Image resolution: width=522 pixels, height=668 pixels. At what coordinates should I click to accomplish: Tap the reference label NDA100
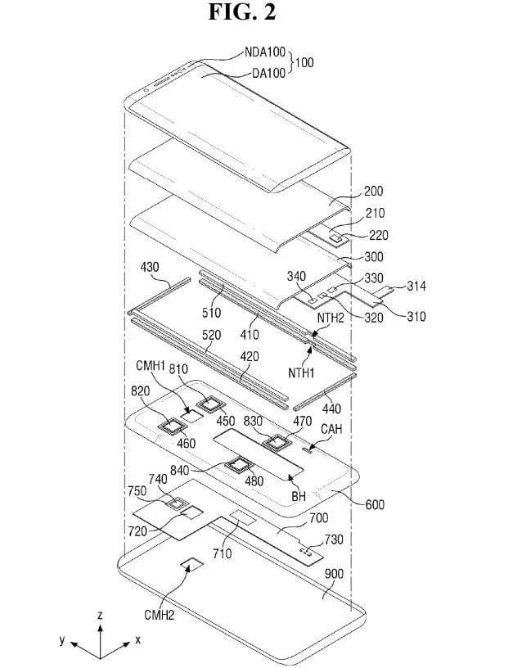pos(265,52)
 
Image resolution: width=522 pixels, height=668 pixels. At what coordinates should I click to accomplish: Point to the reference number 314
pos(416,287)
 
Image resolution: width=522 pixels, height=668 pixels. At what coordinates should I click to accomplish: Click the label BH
pos(299,496)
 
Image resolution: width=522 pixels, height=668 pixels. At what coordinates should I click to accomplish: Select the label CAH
pos(331,429)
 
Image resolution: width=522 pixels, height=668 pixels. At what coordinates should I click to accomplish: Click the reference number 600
pos(376,504)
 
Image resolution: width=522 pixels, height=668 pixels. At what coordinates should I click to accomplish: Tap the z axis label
pos(99,614)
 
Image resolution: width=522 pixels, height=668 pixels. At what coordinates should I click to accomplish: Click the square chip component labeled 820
pos(172,425)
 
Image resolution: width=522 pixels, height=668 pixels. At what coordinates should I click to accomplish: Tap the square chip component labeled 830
pos(277,442)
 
